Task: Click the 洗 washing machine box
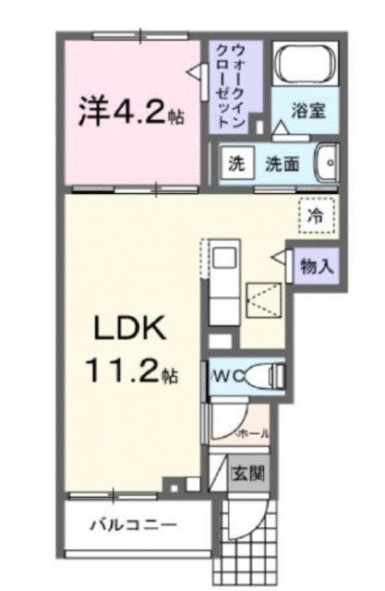pyautogui.click(x=236, y=164)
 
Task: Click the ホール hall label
pyautogui.click(x=253, y=431)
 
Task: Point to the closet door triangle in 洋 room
pyautogui.click(x=194, y=72)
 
